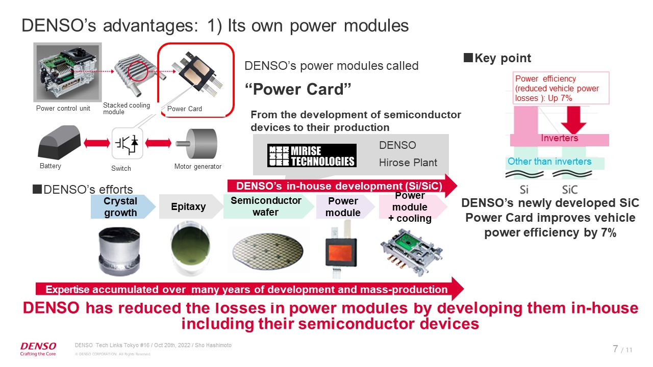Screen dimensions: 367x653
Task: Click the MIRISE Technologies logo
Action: (x=311, y=155)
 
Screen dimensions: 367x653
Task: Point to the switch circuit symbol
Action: (x=127, y=144)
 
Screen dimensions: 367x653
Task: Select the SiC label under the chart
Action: (x=570, y=190)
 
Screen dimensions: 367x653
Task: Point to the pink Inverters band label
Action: (x=559, y=139)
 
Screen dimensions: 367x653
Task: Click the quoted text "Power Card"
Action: (x=298, y=90)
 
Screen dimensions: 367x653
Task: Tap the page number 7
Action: (x=615, y=349)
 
